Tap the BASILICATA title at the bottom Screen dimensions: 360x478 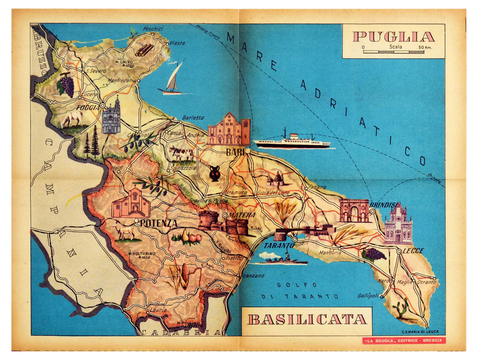click(307, 319)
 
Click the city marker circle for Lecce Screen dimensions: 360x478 click(399, 252)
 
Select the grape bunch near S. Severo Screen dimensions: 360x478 click(66, 85)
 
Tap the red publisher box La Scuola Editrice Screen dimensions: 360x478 click(403, 340)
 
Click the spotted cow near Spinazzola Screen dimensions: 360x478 click(181, 154)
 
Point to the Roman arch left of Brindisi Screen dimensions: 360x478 click(354, 211)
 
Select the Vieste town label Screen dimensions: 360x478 click(177, 43)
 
